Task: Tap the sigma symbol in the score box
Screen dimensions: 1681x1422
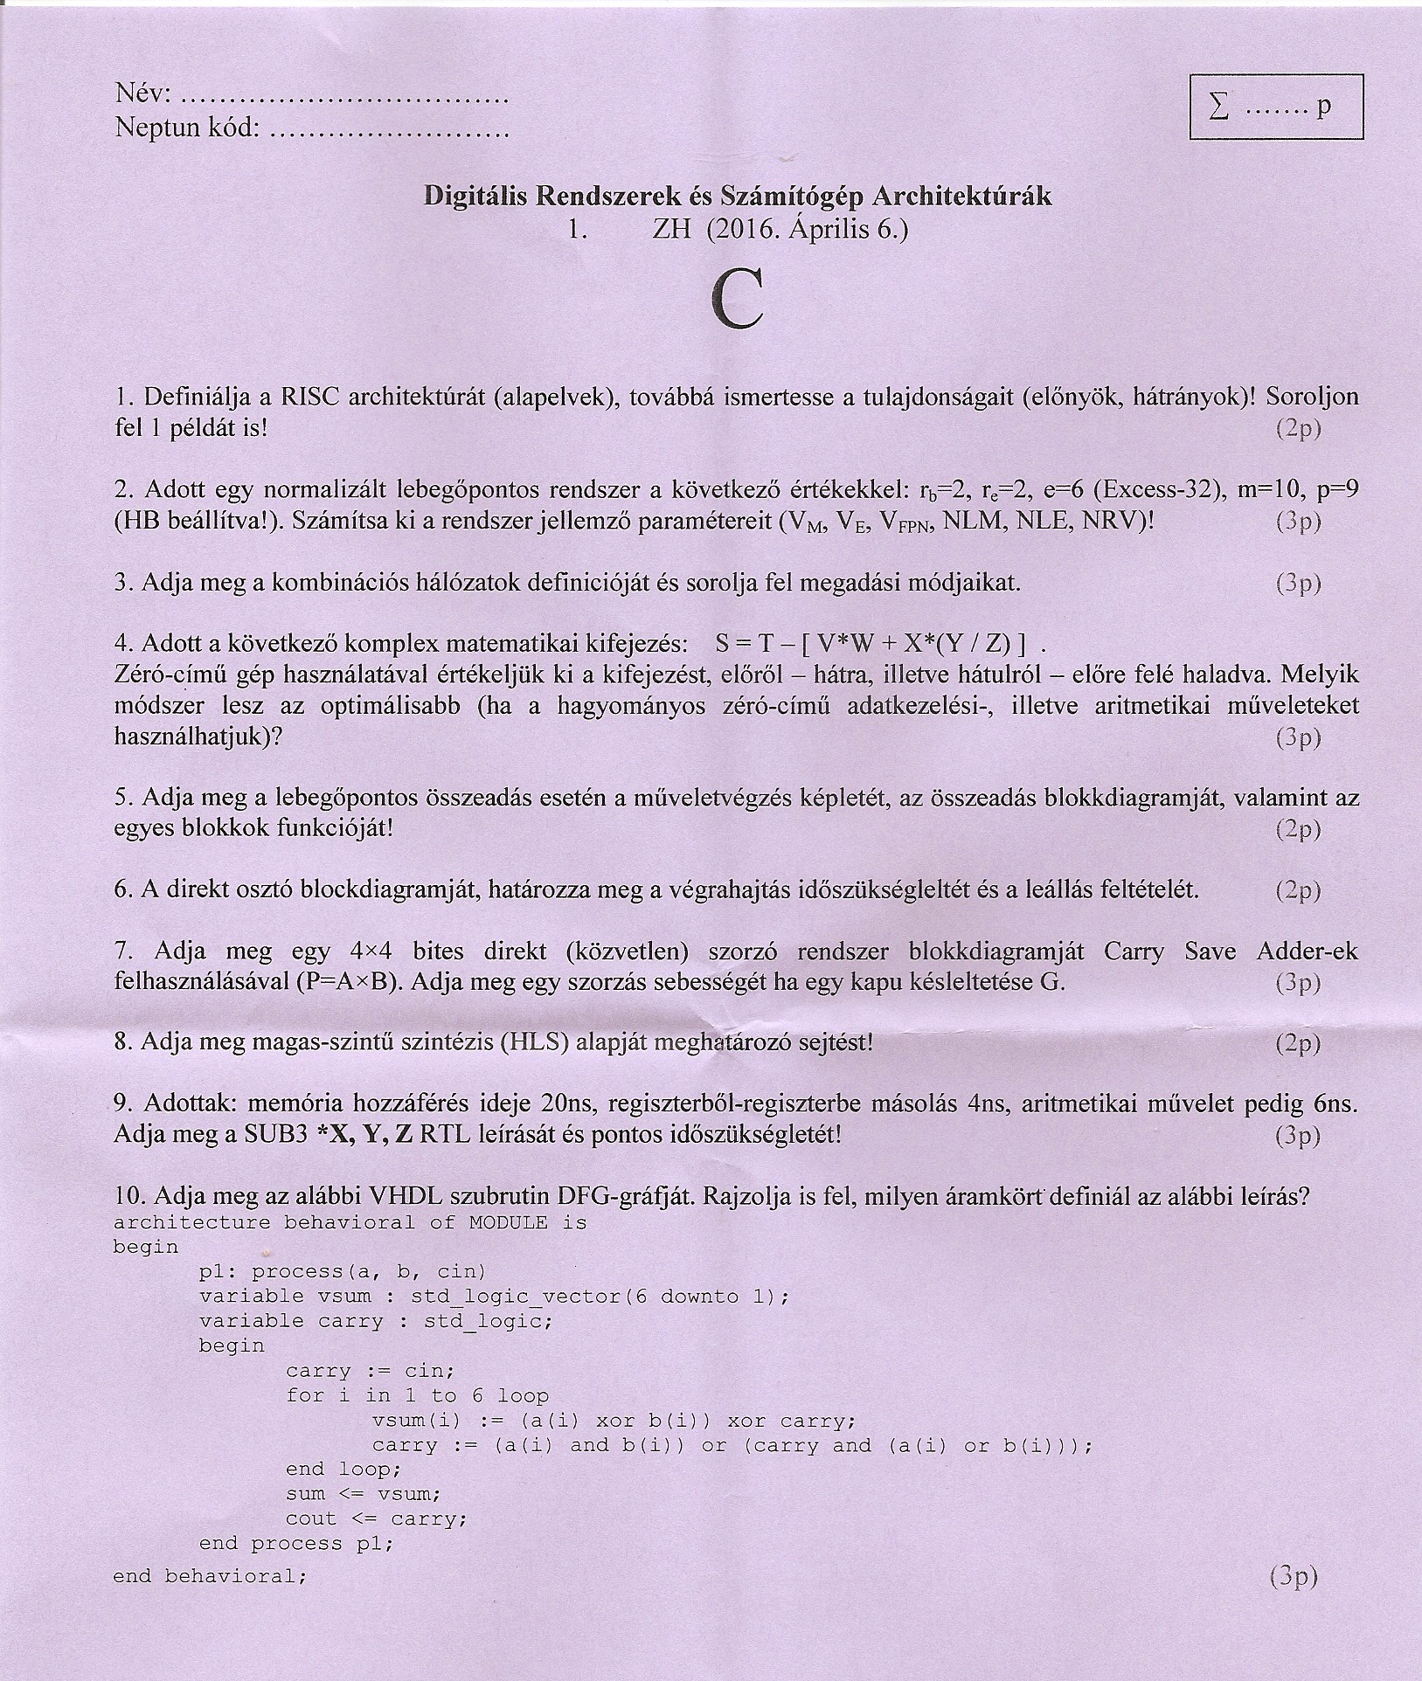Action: pos(1217,107)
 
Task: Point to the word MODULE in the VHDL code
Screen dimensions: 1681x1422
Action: pos(508,1222)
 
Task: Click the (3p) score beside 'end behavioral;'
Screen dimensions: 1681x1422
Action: pos(1292,1576)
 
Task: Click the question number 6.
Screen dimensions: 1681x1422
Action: pos(122,889)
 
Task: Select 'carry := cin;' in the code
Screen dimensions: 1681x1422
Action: pos(370,1371)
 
